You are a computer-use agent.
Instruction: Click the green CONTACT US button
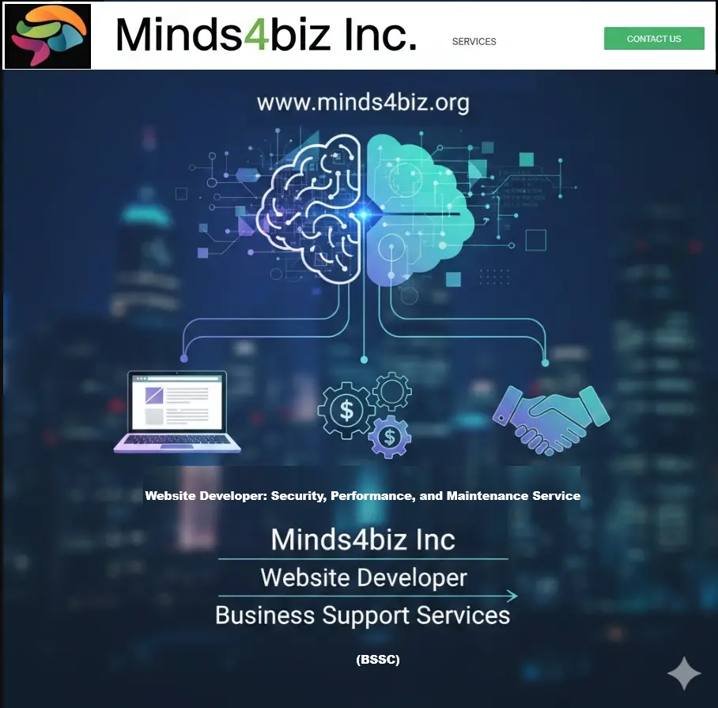click(x=654, y=39)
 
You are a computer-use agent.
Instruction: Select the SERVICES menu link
click(x=474, y=42)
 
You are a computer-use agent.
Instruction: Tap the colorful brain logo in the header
click(x=47, y=36)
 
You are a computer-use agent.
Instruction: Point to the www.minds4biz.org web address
click(x=363, y=103)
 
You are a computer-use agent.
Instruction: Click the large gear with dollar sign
click(x=346, y=408)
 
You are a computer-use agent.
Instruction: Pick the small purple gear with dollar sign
click(x=389, y=435)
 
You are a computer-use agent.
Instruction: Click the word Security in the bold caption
click(x=297, y=496)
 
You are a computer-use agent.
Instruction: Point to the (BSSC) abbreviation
click(x=378, y=659)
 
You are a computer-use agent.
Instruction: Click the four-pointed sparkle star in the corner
click(x=683, y=673)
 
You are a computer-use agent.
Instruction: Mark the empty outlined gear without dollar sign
click(x=392, y=391)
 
